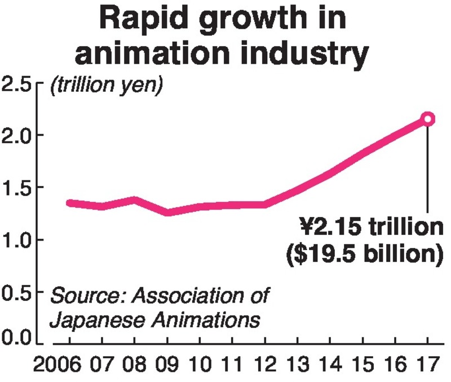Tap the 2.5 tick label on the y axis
tap(19, 86)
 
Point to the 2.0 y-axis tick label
tap(19, 135)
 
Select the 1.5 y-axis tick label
tap(19, 188)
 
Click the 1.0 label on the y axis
tap(19, 240)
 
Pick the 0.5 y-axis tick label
tap(19, 292)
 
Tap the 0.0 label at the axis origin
tap(19, 338)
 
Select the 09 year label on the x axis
tap(167, 365)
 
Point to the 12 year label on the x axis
tap(265, 365)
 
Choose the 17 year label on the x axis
tap(427, 365)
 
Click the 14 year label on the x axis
tap(330, 365)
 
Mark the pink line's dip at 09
tap(167, 212)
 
